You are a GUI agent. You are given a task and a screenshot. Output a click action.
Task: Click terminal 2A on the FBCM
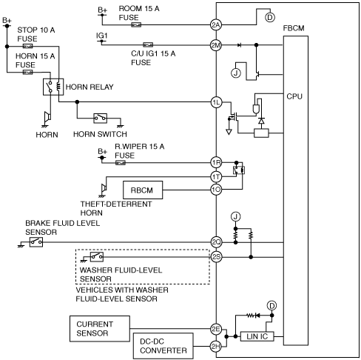tap(216, 24)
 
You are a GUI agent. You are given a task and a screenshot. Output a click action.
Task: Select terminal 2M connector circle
tap(216, 45)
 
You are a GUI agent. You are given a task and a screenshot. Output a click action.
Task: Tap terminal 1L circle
tap(216, 102)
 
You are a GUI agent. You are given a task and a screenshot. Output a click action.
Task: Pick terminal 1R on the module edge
tap(216, 163)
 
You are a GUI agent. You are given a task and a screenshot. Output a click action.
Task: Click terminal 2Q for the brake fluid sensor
tap(216, 242)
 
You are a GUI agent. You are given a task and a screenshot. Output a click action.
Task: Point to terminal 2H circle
tap(216, 347)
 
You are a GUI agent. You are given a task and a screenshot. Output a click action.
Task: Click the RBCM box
tap(143, 190)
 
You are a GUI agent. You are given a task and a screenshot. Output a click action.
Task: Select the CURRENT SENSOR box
tap(100, 329)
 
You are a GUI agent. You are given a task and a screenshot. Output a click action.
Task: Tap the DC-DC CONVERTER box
tap(163, 346)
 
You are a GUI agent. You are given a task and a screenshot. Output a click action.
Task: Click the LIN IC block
tap(257, 336)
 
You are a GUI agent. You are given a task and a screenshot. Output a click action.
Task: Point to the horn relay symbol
tap(53, 87)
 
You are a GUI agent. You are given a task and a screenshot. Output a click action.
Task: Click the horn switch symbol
tap(101, 119)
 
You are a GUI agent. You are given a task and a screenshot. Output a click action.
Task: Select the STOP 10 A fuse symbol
tap(27, 46)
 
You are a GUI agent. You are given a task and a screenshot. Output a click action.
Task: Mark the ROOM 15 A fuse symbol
tap(136, 24)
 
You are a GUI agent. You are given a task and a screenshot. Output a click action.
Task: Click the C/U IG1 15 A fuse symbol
tap(148, 45)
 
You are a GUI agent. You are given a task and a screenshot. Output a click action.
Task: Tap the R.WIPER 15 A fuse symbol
tap(121, 163)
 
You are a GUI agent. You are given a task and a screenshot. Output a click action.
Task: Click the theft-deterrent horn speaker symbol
tap(104, 189)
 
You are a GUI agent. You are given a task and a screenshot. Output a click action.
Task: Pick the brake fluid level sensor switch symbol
tap(36, 242)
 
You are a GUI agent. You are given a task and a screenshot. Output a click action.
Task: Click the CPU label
tap(294, 96)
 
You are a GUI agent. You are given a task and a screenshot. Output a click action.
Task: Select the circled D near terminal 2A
tap(270, 18)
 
